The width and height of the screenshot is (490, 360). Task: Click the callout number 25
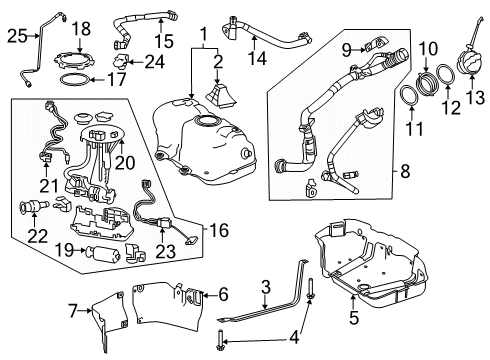14,36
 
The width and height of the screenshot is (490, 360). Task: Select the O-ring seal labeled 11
410,97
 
